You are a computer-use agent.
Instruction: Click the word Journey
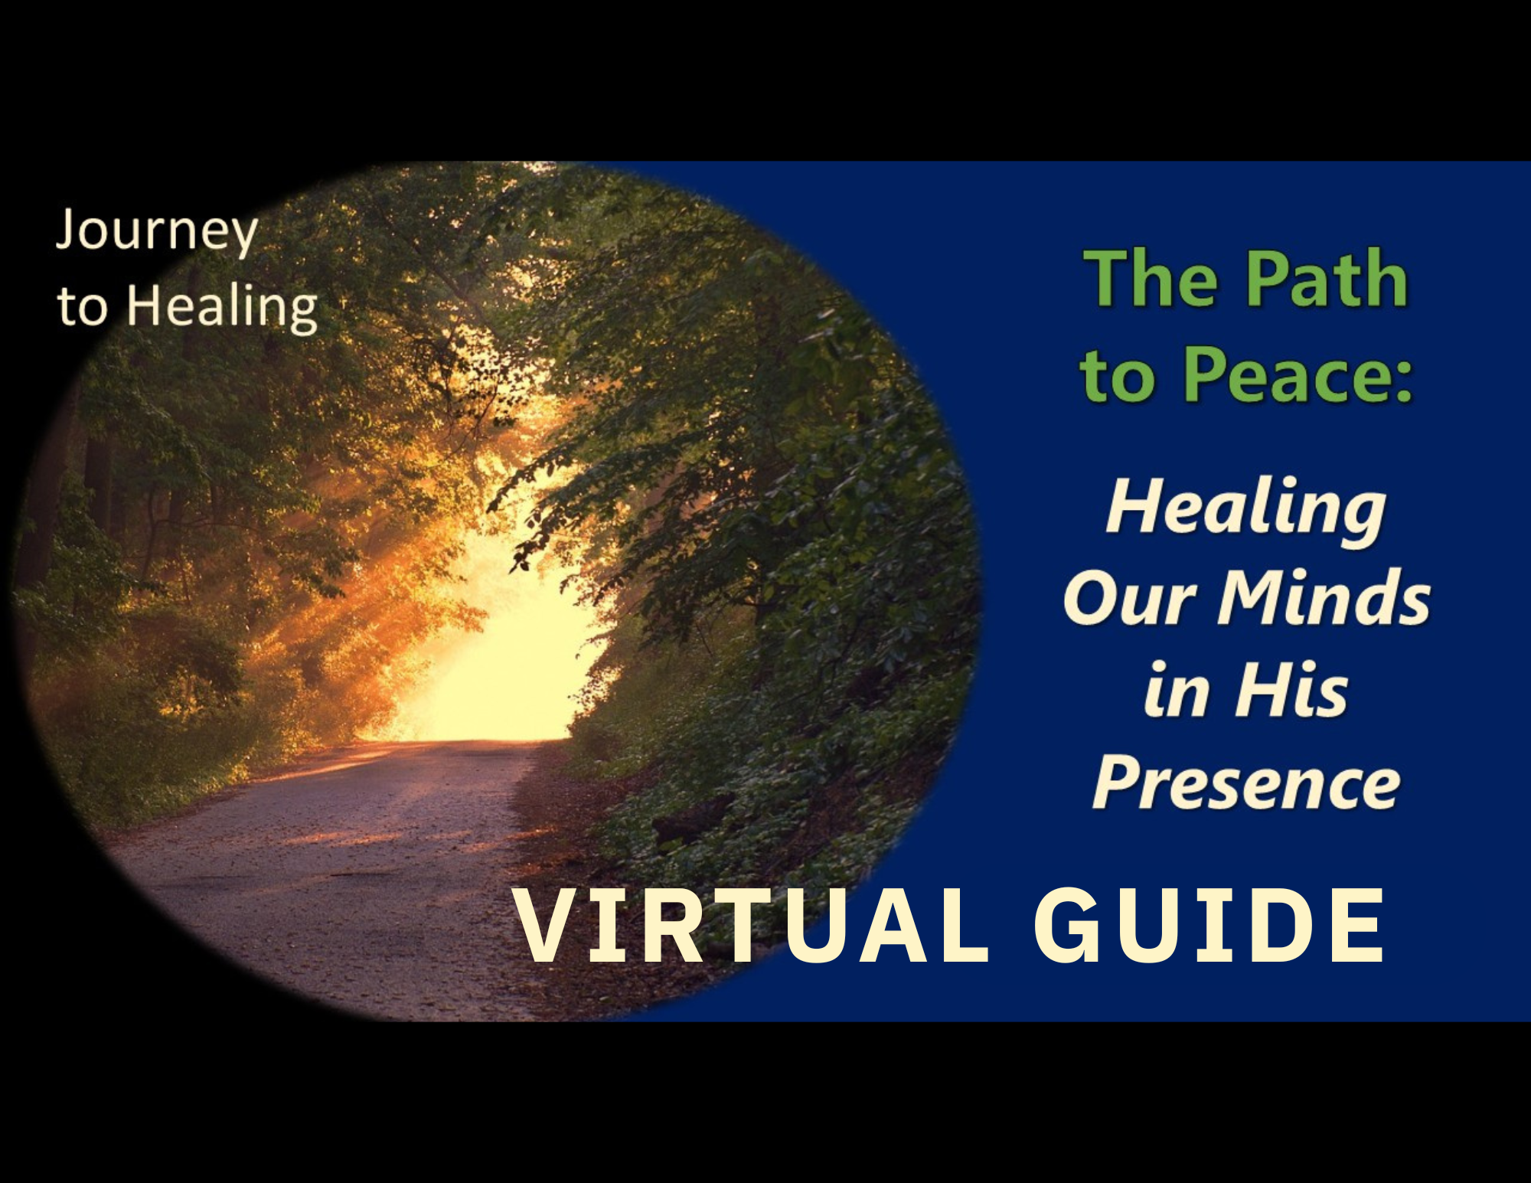point(157,231)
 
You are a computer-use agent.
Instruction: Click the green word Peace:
point(1298,374)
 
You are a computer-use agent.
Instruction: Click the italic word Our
point(1130,598)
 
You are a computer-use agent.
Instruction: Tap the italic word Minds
point(1324,597)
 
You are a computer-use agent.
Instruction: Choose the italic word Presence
point(1246,783)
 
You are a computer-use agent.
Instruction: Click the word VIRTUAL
point(750,926)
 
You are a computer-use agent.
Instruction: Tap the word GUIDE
point(1209,926)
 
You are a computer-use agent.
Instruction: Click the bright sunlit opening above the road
point(498,651)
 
